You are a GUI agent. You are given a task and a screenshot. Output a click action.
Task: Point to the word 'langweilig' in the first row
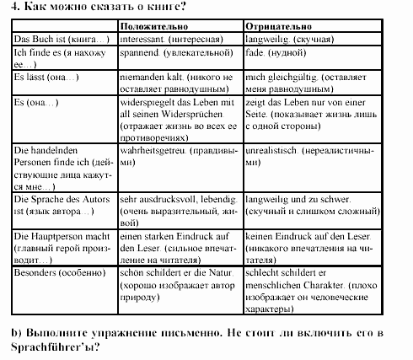266,40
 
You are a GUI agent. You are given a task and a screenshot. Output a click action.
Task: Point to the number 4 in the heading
5,8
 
